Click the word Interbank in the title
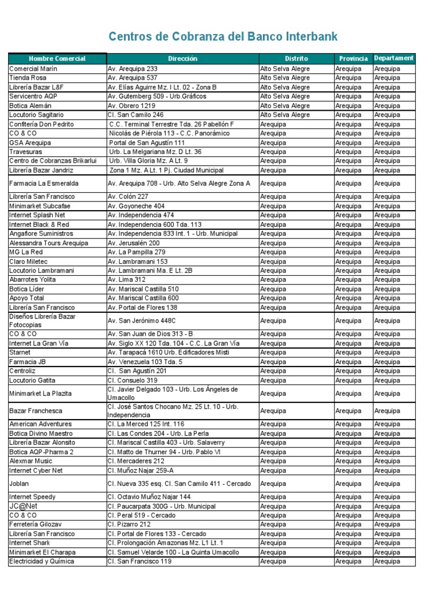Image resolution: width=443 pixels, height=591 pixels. pos(309,38)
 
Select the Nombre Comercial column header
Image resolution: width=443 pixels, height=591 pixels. pos(57,58)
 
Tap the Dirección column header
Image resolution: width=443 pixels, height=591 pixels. pos(183,58)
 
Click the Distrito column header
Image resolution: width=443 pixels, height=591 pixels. pos(296,58)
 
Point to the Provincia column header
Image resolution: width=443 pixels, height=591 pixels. pos(354,58)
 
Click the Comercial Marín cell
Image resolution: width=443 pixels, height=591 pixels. pos(33,69)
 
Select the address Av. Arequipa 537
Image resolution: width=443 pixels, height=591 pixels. pos(132,78)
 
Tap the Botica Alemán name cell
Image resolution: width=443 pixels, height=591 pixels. pos(31,106)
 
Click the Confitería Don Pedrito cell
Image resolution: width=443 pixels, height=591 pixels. pos(42,124)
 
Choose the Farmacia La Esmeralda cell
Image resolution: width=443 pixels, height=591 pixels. pos(43,184)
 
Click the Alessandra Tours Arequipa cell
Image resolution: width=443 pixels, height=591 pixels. pos(48,243)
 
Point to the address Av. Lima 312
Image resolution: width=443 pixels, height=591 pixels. pos(127,280)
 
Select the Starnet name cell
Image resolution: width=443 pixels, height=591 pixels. pos(20,353)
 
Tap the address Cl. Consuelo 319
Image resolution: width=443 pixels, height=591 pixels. pos(132,380)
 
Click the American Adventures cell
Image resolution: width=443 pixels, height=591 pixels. pos(40,424)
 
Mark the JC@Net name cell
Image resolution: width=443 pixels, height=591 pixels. pos(24,506)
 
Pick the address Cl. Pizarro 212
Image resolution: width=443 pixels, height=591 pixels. pos(129,525)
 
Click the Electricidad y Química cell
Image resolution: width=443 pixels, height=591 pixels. pos(42,562)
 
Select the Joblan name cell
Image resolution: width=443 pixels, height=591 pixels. pos(19,484)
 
